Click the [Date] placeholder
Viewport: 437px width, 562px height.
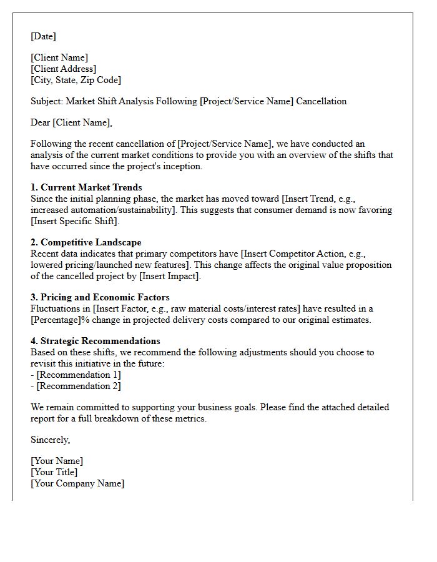43,36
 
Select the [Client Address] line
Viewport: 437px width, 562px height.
64,69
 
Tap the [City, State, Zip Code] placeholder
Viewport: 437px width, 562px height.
76,80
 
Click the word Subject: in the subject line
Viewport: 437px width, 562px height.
47,101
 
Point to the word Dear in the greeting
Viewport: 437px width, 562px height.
41,122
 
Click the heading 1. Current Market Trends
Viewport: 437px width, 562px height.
86,187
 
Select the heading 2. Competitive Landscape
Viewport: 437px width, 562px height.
86,242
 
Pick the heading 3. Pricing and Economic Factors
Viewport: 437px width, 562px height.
100,297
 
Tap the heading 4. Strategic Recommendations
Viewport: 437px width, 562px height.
95,341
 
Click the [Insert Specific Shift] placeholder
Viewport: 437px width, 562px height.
75,221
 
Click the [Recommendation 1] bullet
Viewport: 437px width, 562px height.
79,375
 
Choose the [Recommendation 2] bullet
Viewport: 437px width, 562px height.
79,386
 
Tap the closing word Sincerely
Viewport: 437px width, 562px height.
50,440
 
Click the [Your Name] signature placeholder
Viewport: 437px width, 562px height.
57,461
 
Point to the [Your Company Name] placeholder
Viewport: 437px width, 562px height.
77,483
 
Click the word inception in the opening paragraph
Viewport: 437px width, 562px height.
180,166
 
